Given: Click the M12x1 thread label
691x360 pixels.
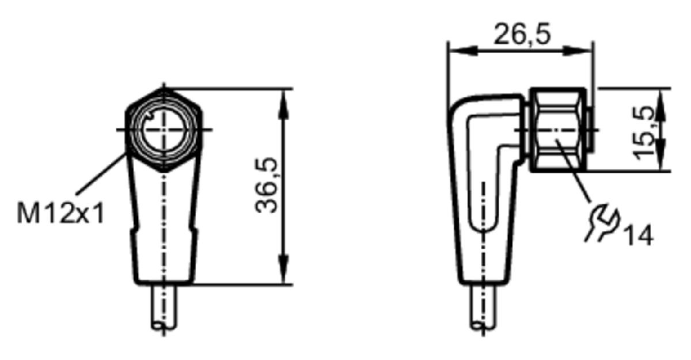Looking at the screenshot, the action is (x=61, y=213).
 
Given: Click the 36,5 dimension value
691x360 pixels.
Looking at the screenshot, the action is (x=267, y=185).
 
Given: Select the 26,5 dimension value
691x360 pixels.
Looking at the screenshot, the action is (x=522, y=34).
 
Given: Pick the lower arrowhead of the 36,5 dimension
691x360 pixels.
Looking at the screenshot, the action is (x=283, y=268).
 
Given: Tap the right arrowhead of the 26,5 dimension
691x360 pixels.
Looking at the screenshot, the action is (x=578, y=51).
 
